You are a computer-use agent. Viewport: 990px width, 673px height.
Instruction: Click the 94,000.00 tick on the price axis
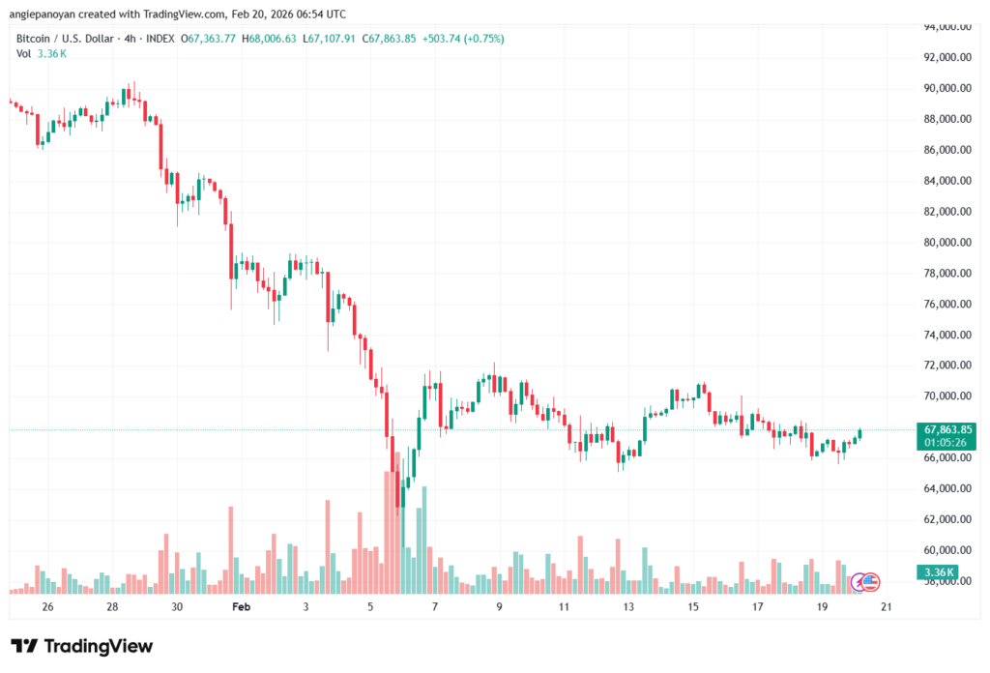[946, 26]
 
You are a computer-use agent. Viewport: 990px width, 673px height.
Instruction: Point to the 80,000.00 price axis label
[946, 242]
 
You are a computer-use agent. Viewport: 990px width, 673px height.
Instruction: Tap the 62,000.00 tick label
[946, 519]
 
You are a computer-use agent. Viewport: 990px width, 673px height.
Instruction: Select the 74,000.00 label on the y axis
[946, 335]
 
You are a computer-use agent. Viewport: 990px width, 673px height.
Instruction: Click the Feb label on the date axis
[242, 605]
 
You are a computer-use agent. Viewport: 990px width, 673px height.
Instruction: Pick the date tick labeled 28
[112, 605]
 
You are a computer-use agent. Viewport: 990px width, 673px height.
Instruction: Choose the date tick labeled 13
[628, 605]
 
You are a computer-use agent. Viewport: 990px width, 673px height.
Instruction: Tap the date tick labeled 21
[887, 605]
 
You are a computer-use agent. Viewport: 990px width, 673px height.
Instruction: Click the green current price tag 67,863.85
[947, 428]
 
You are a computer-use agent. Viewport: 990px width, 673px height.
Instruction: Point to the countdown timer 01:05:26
[947, 442]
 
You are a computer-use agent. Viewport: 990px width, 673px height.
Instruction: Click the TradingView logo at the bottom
[82, 646]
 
